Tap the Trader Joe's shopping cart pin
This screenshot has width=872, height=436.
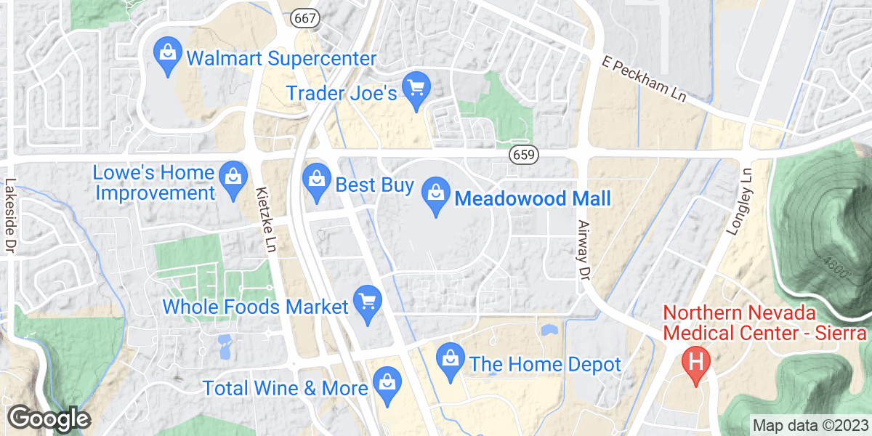(416, 92)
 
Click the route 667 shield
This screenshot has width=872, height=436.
(305, 19)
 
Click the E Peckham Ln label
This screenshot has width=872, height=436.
(651, 81)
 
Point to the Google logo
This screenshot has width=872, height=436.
(49, 419)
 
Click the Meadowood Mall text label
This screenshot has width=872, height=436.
(532, 198)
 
